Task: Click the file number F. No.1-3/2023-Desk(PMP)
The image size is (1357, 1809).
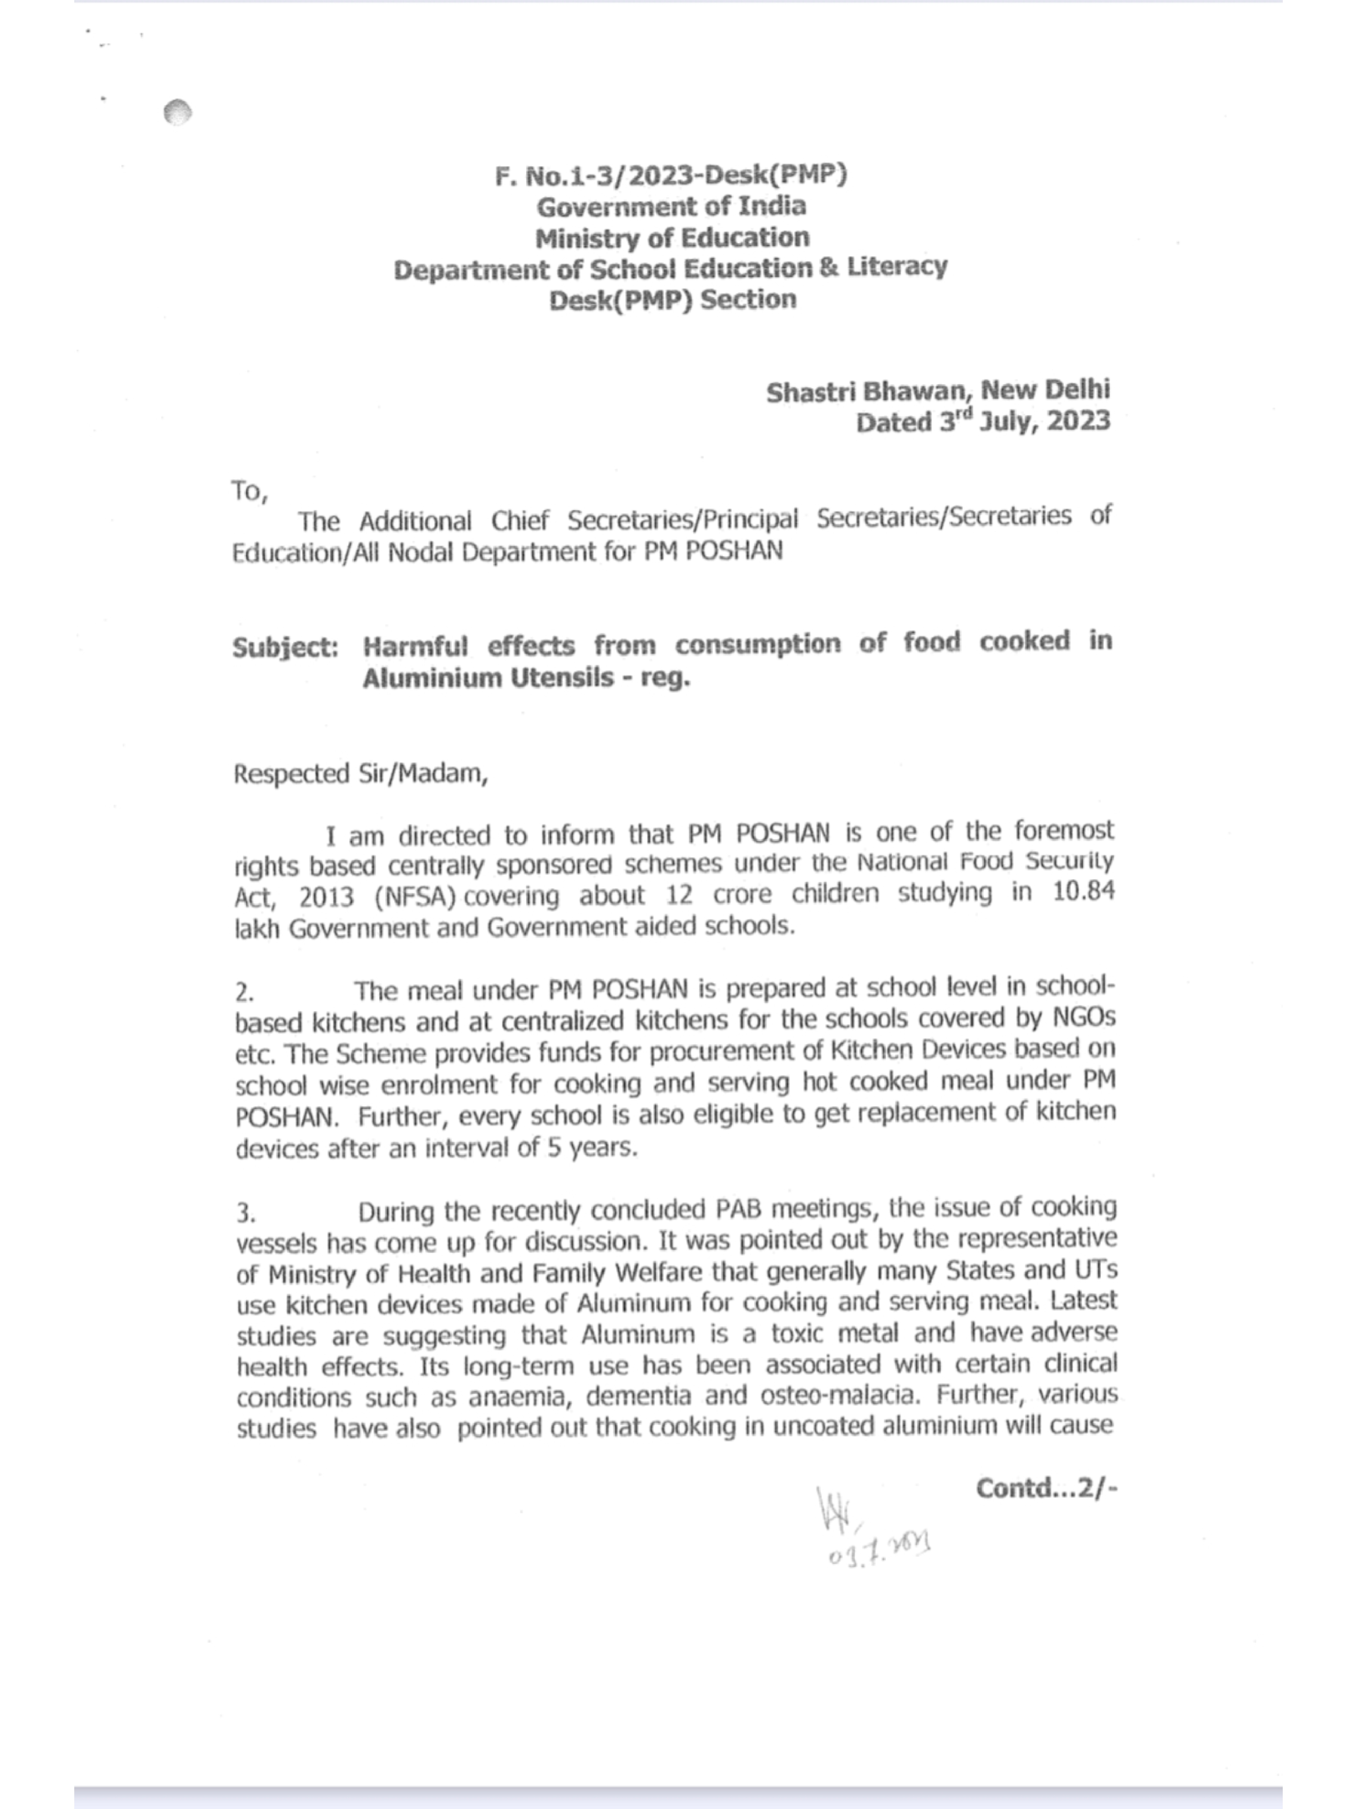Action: (671, 175)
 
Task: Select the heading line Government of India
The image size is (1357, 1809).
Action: (671, 206)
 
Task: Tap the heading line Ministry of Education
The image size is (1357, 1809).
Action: (671, 238)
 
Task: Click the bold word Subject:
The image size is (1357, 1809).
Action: (285, 647)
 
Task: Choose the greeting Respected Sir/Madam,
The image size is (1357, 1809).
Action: (361, 774)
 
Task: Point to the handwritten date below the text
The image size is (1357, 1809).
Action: (879, 1548)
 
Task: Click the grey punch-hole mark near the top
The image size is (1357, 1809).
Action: (178, 112)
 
